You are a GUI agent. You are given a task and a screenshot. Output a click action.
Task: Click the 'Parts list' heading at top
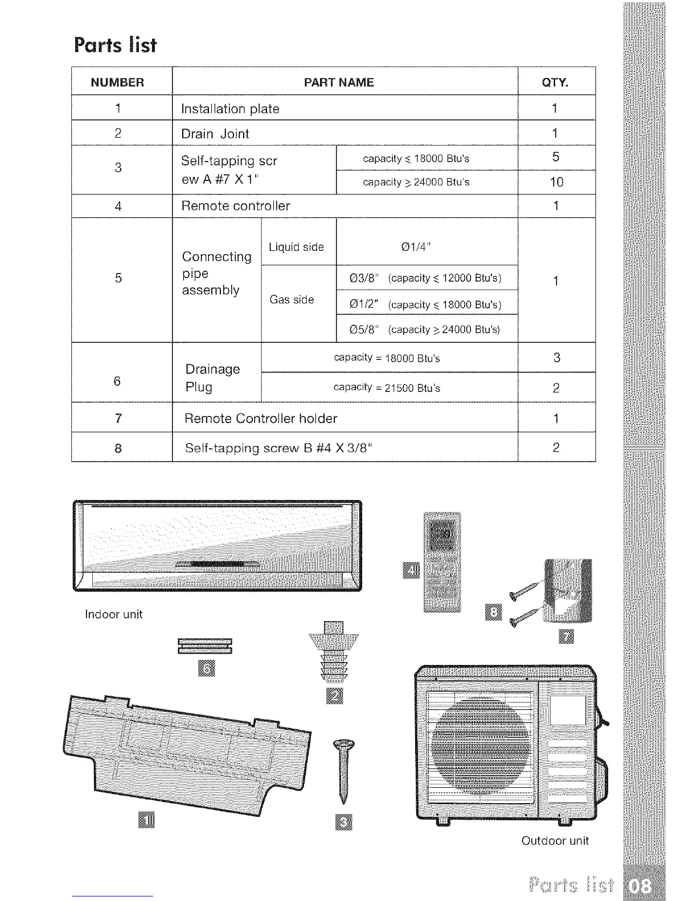[x=115, y=45]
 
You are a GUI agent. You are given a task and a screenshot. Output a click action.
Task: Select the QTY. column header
[x=555, y=82]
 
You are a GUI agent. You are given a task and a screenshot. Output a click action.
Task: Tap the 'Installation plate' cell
[x=230, y=109]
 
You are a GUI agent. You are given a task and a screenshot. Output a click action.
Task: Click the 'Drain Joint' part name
[x=215, y=134]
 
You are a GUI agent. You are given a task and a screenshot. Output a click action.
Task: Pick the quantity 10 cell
[x=556, y=182]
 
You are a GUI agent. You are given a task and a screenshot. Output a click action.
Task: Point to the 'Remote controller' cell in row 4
[x=235, y=206]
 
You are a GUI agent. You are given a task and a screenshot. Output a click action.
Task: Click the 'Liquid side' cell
[x=296, y=247]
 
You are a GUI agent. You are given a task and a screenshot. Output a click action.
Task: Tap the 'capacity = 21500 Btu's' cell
[x=387, y=388]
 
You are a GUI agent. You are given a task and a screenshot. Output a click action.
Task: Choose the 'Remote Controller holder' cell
[x=261, y=419]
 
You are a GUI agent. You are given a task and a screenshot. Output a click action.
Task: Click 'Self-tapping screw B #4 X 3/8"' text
[x=278, y=448]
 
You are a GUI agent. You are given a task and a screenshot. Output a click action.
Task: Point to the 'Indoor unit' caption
[x=113, y=614]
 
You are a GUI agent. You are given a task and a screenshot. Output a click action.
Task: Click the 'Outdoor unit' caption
[x=555, y=841]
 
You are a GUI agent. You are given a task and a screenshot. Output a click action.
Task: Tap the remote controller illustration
[x=442, y=562]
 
